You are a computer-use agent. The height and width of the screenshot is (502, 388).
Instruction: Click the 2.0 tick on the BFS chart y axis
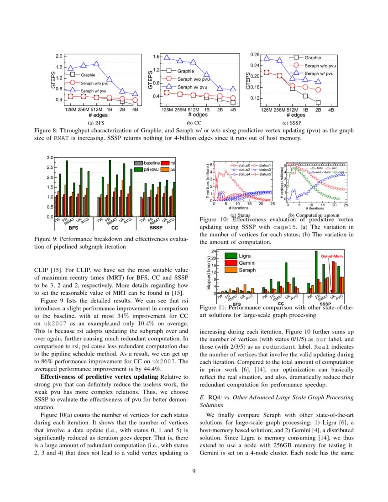click(x=59, y=56)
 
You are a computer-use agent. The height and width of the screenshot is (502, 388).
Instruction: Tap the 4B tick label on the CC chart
click(x=233, y=110)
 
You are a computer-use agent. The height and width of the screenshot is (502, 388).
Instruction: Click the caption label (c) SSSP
click(x=292, y=123)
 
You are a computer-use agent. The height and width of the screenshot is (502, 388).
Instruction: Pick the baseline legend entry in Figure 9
click(x=151, y=163)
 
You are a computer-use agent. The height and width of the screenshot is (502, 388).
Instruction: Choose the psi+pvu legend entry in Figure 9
click(x=151, y=169)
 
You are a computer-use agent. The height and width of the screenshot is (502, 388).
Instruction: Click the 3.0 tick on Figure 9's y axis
click(x=50, y=157)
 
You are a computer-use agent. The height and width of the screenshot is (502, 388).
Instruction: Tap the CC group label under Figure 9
click(x=115, y=227)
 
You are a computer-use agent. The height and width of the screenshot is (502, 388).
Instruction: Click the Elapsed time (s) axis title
click(x=208, y=272)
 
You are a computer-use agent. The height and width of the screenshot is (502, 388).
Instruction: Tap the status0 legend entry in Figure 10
click(x=238, y=165)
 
